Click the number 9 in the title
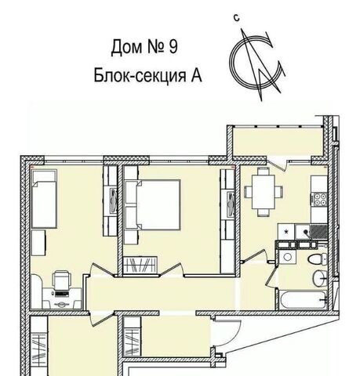pyautogui.click(x=173, y=47)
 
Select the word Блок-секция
pyautogui.click(x=140, y=75)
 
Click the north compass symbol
pyautogui.click(x=256, y=64)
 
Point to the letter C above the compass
pyautogui.click(x=237, y=18)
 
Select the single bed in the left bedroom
pyautogui.click(x=44, y=199)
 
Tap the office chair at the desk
pyautogui.click(x=62, y=280)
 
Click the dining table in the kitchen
pyautogui.click(x=264, y=192)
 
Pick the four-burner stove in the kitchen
pyautogui.click(x=320, y=199)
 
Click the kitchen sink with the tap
pyautogui.click(x=304, y=232)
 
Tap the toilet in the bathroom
pyautogui.click(x=317, y=259)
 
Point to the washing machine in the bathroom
pyautogui.click(x=287, y=257)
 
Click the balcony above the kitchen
pyautogui.click(x=278, y=142)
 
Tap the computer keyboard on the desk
pyautogui.click(x=62, y=295)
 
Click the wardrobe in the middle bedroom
pyautogui.click(x=140, y=265)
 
